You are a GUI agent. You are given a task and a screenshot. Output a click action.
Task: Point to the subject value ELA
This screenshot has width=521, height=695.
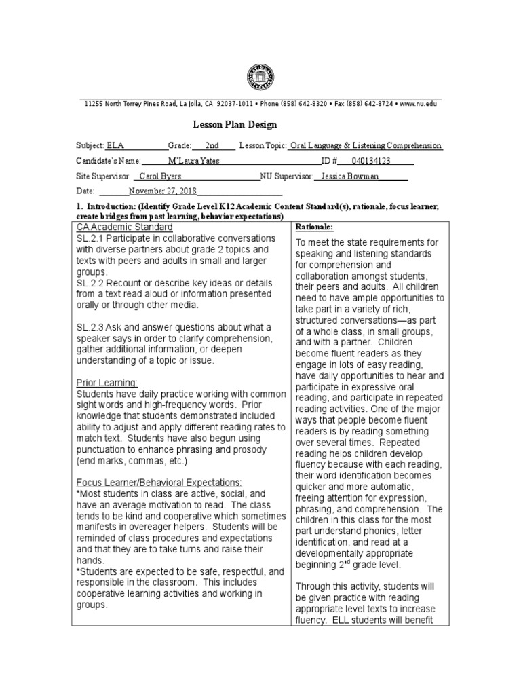click(x=115, y=146)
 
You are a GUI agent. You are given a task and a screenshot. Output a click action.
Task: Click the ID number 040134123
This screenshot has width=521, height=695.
click(x=370, y=161)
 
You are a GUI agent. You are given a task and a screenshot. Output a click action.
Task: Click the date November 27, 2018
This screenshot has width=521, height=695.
click(x=158, y=191)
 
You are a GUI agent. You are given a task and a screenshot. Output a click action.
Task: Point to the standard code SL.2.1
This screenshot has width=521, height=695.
click(x=90, y=238)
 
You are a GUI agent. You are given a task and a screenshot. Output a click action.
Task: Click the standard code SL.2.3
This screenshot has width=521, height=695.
click(x=90, y=328)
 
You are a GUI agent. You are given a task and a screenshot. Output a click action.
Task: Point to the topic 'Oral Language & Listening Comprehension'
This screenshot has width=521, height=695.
click(x=365, y=146)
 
